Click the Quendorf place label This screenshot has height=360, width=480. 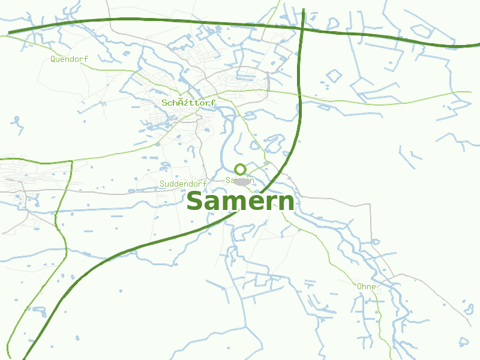(69, 59)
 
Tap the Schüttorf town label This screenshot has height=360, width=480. (188, 103)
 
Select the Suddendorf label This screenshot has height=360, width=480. (183, 184)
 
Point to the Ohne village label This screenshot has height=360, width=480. (366, 286)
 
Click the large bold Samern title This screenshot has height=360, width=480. (240, 202)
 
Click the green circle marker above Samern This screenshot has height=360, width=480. (240, 170)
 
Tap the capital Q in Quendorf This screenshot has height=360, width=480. (53, 59)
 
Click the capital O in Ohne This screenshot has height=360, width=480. (359, 286)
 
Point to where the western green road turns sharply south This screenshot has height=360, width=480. (71, 161)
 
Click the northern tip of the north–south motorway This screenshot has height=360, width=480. (304, 10)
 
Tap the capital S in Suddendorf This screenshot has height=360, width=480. (162, 184)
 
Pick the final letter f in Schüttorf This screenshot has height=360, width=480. (213, 103)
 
